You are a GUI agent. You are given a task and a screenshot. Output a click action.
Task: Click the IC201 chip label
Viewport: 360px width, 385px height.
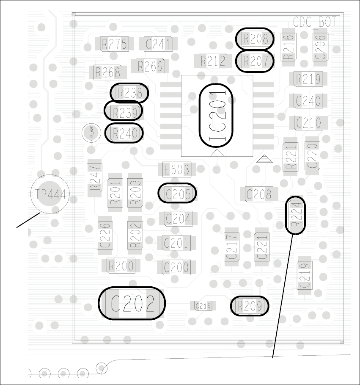[216, 115]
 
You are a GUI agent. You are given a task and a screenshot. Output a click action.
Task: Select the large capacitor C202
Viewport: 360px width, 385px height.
[132, 303]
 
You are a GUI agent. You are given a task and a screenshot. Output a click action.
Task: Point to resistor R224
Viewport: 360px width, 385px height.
[295, 215]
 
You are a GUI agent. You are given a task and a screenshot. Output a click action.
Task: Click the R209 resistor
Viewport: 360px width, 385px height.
[250, 306]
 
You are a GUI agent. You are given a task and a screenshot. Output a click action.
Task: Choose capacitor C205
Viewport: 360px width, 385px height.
[178, 194]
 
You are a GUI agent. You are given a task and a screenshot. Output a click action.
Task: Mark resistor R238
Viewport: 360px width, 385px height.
[129, 93]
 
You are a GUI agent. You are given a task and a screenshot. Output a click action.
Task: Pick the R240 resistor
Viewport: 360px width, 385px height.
[124, 133]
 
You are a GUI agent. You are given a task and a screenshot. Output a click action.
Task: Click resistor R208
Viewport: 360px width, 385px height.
[255, 39]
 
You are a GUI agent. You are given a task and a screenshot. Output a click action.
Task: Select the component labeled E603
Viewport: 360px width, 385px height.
[177, 170]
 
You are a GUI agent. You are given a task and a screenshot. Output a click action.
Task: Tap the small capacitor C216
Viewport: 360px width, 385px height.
[203, 306]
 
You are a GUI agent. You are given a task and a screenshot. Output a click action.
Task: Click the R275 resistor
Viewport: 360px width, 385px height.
[114, 44]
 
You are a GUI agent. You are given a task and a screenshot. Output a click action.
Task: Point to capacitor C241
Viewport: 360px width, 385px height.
[158, 44]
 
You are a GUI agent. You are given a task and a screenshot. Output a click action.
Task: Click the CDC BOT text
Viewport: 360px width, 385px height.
[315, 22]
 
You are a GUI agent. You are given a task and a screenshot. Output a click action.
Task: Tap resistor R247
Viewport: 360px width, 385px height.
[95, 178]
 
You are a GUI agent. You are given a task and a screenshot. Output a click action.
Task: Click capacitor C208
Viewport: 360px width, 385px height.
[259, 194]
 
